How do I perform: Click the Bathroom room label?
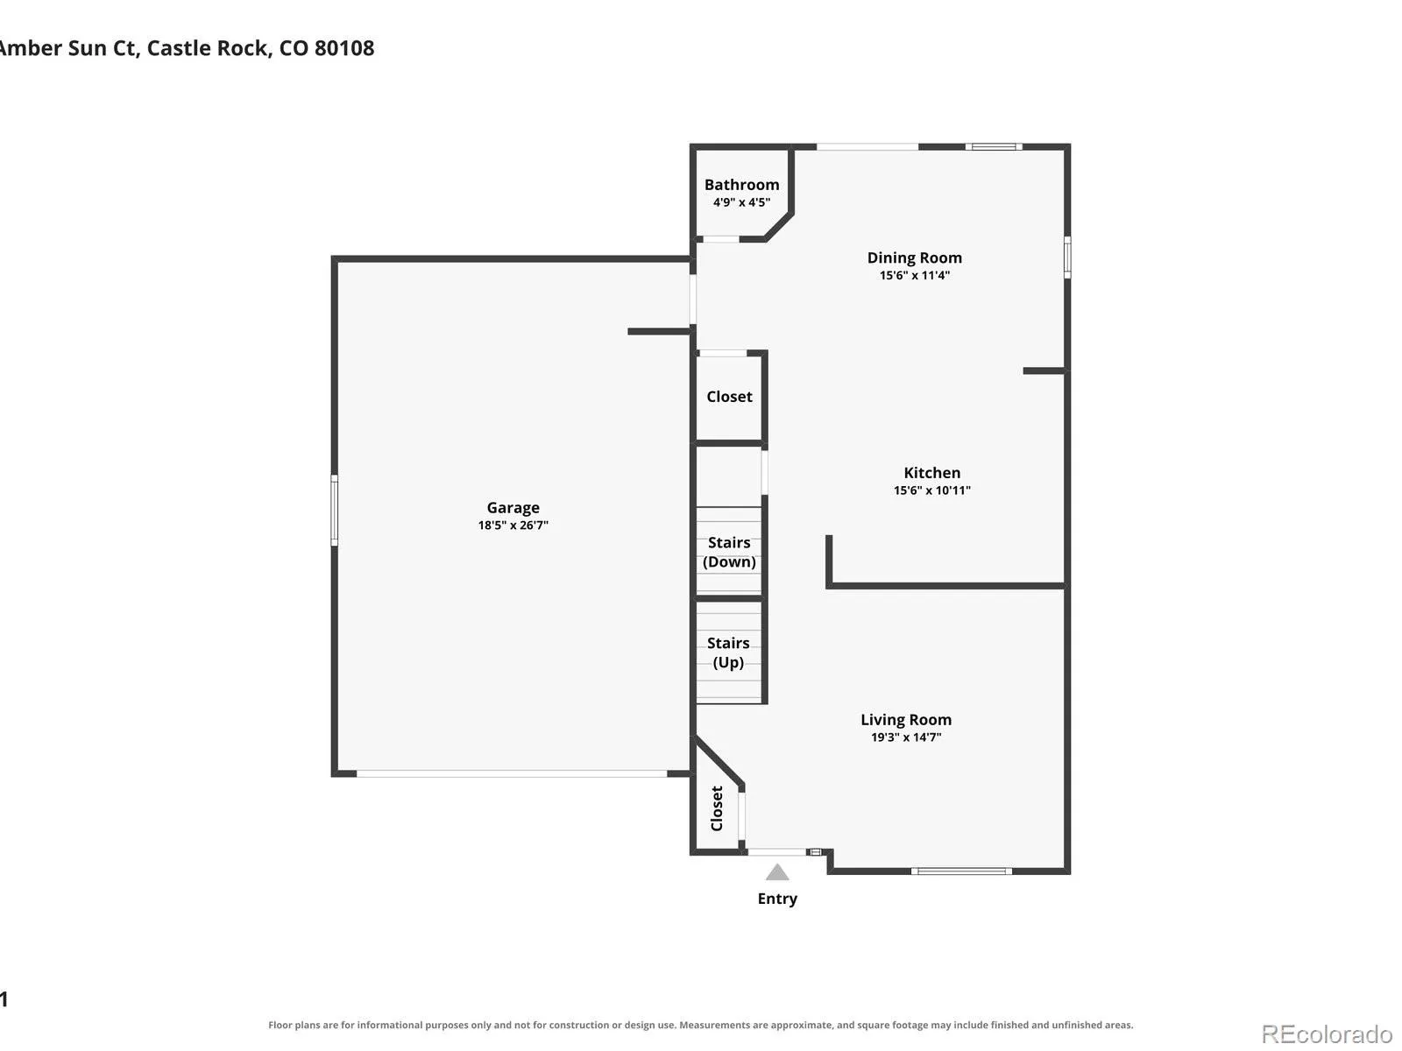pyautogui.click(x=741, y=185)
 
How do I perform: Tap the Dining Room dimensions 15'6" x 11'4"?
pyautogui.click(x=914, y=275)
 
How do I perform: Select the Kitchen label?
pyautogui.click(x=932, y=473)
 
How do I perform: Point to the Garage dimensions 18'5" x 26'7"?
pyautogui.click(x=513, y=525)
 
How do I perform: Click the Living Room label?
pyautogui.click(x=906, y=720)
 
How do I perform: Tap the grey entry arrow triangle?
pyautogui.click(x=776, y=871)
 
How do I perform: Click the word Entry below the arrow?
pyautogui.click(x=777, y=899)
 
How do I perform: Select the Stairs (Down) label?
pyautogui.click(x=729, y=552)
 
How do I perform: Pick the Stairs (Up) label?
pyautogui.click(x=728, y=652)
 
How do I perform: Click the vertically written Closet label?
pyautogui.click(x=717, y=808)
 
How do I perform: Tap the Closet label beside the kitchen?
pyautogui.click(x=729, y=397)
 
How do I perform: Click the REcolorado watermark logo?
pyautogui.click(x=1328, y=1033)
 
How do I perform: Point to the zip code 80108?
pyautogui.click(x=344, y=48)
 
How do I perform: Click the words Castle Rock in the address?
pyautogui.click(x=209, y=48)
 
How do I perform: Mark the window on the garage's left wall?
pyautogui.click(x=334, y=510)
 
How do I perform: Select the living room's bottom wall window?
pyautogui.click(x=961, y=871)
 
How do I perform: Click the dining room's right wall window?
pyautogui.click(x=1067, y=257)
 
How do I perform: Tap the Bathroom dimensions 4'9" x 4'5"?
pyautogui.click(x=741, y=202)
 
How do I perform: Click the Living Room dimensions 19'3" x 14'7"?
pyautogui.click(x=906, y=737)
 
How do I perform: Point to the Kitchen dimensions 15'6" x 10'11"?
pyautogui.click(x=932, y=490)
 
